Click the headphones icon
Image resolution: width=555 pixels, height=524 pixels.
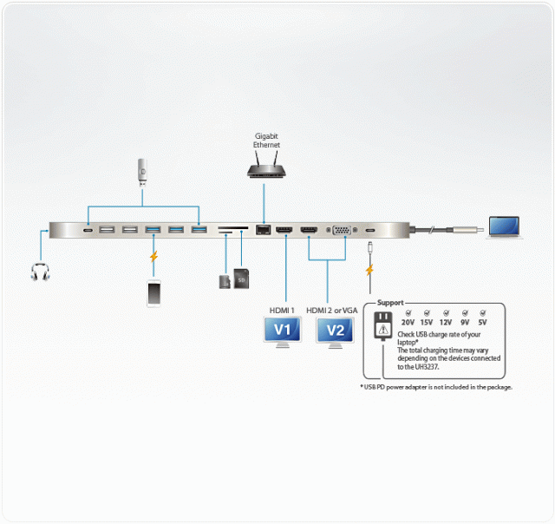point(39,272)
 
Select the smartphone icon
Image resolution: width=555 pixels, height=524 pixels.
point(154,292)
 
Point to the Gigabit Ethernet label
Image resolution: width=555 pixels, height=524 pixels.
point(266,141)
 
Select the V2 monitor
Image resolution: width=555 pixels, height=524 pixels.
point(336,331)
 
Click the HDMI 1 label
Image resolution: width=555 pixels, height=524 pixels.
point(282,310)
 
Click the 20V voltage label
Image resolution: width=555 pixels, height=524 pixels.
point(408,322)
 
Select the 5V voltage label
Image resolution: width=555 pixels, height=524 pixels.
point(482,322)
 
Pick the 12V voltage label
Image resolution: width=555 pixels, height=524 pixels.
point(446,322)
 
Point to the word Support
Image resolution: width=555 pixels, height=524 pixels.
point(390,303)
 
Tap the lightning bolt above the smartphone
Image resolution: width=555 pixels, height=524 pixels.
point(154,257)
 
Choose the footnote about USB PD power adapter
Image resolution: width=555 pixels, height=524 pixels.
point(436,387)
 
